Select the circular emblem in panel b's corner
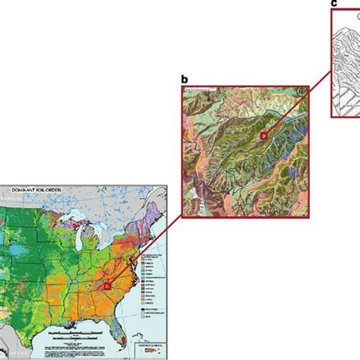191,93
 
